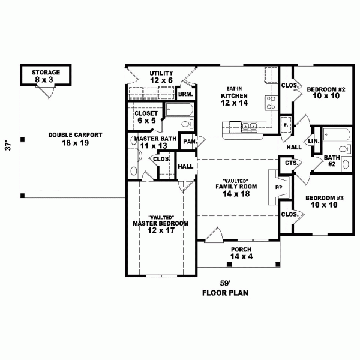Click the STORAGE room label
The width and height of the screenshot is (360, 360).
(x=46, y=73)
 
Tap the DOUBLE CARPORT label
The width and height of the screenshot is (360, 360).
(x=75, y=135)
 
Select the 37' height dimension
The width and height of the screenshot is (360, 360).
(x=8, y=146)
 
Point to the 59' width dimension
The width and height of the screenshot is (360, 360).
(x=225, y=283)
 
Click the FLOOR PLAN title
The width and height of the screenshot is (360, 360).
(x=225, y=293)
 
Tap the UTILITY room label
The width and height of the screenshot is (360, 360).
(x=161, y=73)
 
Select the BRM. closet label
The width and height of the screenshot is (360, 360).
(x=185, y=94)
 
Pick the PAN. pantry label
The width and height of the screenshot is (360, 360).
(x=190, y=142)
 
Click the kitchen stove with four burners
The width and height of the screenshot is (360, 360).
(x=271, y=103)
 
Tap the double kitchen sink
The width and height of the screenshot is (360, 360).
(x=249, y=126)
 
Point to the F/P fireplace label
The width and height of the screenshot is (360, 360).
(x=279, y=188)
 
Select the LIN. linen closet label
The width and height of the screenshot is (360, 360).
(x=314, y=142)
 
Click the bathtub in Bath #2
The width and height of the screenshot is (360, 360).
(x=337, y=135)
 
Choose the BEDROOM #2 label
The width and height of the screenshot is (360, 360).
(x=326, y=89)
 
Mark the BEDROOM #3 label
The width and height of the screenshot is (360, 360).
(x=325, y=198)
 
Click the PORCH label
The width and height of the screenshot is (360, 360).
(x=241, y=250)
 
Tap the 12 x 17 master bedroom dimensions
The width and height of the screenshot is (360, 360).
(x=161, y=230)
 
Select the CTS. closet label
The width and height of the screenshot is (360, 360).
(x=292, y=163)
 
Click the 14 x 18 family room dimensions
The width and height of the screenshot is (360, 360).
(x=236, y=194)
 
